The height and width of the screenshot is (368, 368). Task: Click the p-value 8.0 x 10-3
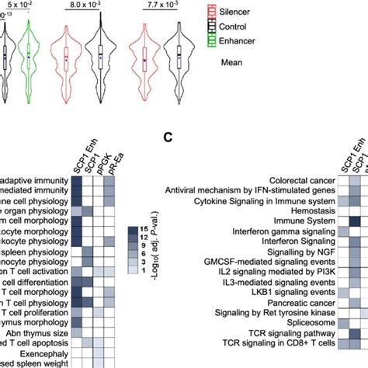coord(83,5)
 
